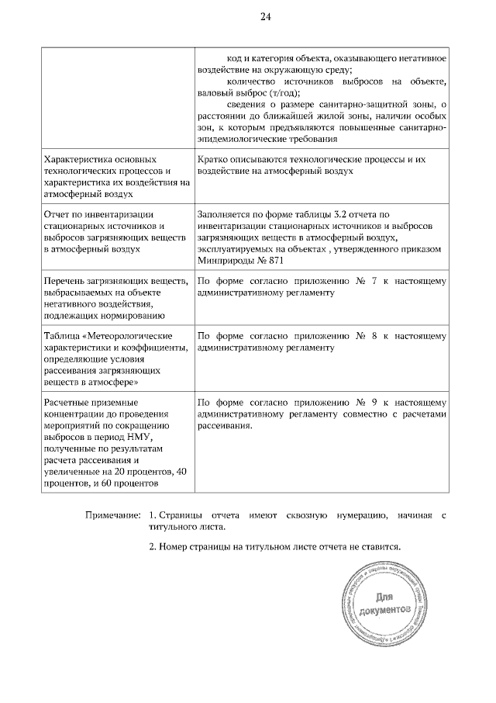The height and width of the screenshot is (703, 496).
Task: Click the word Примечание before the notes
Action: [x=112, y=514]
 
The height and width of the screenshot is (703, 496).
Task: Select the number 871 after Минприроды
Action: [x=274, y=261]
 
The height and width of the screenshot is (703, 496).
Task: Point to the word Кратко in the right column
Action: [x=213, y=159]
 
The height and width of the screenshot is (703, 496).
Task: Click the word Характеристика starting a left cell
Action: [x=81, y=159]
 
